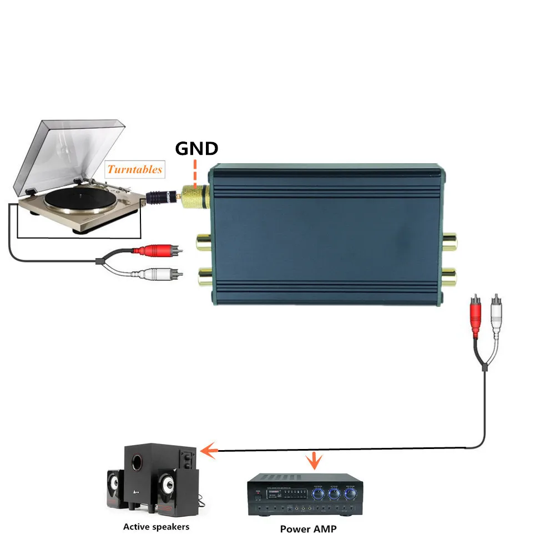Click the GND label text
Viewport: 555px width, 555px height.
tap(196, 149)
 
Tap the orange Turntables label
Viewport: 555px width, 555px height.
tap(135, 169)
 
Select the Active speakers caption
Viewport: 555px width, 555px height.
tap(156, 526)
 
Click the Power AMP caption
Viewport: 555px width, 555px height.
tap(308, 529)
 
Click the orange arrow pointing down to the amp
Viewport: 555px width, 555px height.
tap(316, 460)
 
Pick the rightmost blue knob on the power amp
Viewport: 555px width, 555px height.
tap(350, 493)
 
